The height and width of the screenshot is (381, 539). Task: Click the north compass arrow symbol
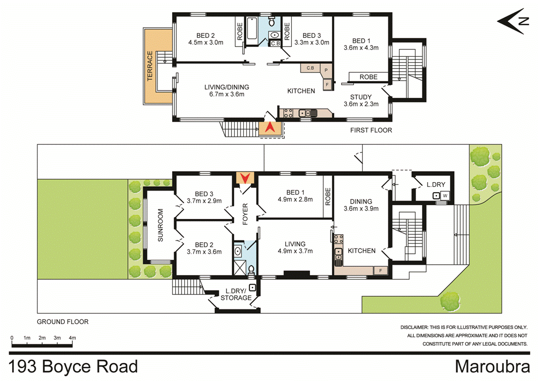(x=513, y=21)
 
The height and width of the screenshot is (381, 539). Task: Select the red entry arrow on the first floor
(x=269, y=127)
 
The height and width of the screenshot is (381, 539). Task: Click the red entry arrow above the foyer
(x=245, y=177)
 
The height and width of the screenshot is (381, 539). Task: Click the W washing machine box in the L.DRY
(x=445, y=196)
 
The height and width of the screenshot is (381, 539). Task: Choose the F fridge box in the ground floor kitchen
(x=380, y=270)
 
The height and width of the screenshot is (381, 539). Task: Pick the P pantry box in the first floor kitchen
(x=326, y=70)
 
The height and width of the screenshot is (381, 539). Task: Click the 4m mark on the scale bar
(x=72, y=338)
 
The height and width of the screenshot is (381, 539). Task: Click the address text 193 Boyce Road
(x=74, y=366)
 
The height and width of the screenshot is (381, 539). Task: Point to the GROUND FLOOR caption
(x=62, y=322)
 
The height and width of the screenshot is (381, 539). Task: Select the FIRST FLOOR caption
(x=371, y=130)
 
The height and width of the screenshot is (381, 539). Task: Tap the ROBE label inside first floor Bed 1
(x=368, y=77)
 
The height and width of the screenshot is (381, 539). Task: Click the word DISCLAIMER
(x=418, y=327)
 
